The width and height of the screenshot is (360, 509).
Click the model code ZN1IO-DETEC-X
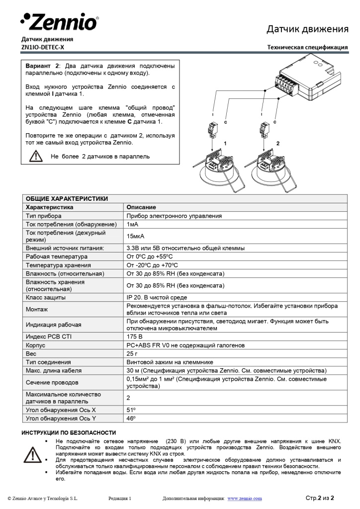(42, 47)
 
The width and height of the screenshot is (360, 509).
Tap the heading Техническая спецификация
(307, 47)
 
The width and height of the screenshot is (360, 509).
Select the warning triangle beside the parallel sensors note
(36, 156)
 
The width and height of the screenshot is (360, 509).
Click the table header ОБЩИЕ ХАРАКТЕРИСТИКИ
(67, 198)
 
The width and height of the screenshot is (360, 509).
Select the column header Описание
(141, 207)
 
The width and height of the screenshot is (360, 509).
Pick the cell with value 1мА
(132, 225)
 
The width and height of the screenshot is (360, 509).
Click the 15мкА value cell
(135, 236)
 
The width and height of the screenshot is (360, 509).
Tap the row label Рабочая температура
(56, 256)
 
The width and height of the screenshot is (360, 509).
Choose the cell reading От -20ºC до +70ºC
(152, 265)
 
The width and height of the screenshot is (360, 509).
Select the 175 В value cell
(134, 337)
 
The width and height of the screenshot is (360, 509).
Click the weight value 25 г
(132, 353)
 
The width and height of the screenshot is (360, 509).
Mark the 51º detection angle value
(131, 410)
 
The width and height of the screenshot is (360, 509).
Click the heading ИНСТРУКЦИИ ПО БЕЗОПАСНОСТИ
(68, 432)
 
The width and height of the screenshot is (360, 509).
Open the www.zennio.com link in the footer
(244, 498)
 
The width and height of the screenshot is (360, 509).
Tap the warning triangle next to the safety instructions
(33, 454)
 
